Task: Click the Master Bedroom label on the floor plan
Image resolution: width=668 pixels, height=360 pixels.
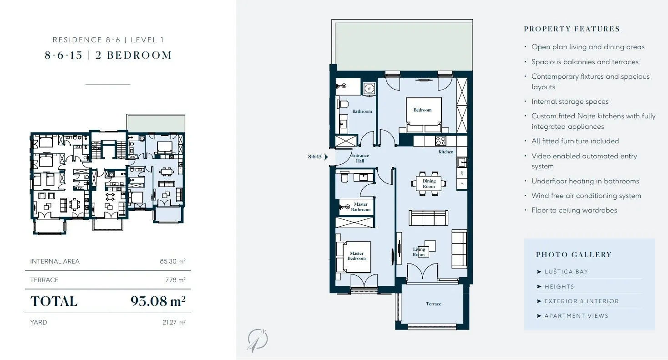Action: click(356, 256)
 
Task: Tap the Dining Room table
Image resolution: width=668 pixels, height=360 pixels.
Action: click(429, 184)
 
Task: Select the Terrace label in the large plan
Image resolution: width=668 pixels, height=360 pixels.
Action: click(433, 304)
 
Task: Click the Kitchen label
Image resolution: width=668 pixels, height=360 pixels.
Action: click(446, 152)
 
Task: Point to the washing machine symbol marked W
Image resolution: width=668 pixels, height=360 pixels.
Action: click(369, 89)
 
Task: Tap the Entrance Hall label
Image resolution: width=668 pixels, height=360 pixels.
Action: click(360, 158)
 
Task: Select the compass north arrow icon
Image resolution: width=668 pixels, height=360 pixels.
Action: click(258, 340)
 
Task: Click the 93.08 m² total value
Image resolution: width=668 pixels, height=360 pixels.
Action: click(158, 301)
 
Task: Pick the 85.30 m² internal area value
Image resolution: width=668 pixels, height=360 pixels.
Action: click(172, 262)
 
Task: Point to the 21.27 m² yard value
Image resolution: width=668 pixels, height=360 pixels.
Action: click(174, 322)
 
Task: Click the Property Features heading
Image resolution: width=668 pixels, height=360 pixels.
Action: click(572, 29)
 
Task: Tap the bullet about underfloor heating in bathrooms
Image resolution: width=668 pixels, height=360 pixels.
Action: click(585, 181)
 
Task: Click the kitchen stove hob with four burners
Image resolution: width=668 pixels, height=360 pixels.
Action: click(441, 141)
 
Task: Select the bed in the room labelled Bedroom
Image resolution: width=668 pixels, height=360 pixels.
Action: click(424, 115)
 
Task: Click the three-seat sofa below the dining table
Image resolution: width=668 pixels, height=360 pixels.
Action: click(428, 218)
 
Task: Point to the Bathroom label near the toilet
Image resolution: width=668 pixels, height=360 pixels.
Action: click(362, 111)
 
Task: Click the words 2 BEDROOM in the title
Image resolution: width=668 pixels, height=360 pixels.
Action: click(133, 55)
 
